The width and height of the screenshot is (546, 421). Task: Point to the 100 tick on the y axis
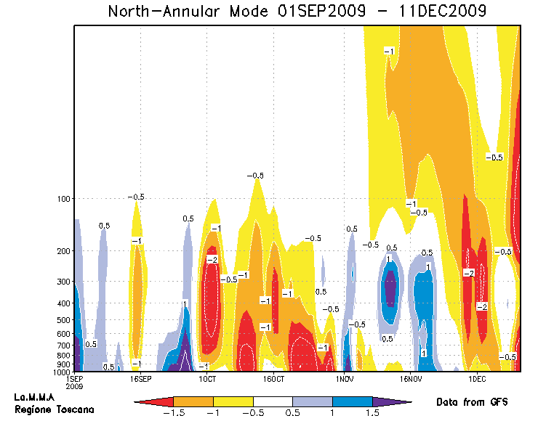point(63,198)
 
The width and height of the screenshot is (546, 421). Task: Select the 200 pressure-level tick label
point(63,251)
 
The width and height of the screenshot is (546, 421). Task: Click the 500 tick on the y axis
point(63,320)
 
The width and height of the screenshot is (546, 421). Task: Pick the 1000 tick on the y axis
point(60,372)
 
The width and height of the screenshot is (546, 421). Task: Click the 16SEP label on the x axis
point(140,379)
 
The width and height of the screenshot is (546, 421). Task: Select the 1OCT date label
point(207,379)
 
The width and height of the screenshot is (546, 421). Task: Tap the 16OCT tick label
point(273,379)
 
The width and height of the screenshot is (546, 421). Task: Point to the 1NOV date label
point(344,379)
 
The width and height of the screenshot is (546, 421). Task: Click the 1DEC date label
point(477,379)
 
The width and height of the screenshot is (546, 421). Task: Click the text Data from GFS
point(471,402)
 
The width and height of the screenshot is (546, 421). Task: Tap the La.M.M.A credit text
point(35,398)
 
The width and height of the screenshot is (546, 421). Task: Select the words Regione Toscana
point(44,409)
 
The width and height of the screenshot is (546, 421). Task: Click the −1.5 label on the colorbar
point(174,412)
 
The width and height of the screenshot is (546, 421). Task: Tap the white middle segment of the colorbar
point(273,401)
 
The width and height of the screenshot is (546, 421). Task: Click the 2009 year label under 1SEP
point(74,387)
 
